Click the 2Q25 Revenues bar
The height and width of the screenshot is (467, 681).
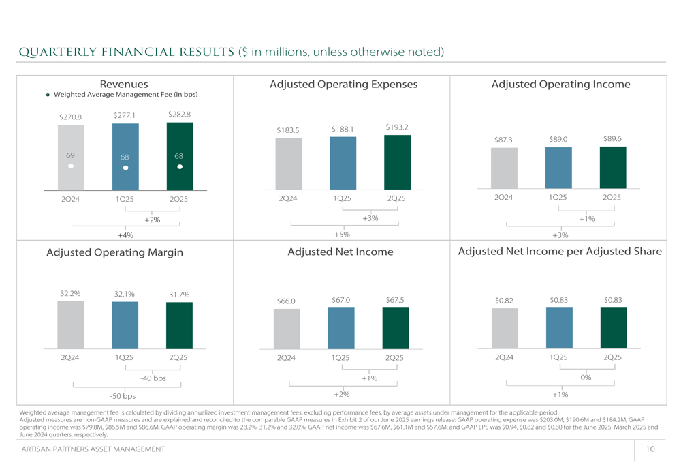point(179,156)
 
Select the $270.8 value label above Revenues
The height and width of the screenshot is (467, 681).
point(70,117)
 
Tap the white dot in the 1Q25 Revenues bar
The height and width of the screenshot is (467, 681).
point(125,168)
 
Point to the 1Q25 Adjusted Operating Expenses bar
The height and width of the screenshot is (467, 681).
point(343,163)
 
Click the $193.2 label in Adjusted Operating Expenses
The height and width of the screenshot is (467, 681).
point(396,127)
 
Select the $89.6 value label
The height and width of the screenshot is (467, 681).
point(612,138)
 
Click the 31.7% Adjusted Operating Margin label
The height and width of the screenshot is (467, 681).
point(178,295)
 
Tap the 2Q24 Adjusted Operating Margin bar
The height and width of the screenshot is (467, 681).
point(71,325)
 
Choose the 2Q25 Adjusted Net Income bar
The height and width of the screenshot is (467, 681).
point(395,329)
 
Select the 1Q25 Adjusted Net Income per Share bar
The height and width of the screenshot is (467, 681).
point(558,329)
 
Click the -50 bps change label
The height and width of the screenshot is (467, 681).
point(123,396)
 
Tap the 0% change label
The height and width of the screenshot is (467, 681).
point(586,378)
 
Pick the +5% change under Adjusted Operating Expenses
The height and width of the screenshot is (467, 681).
point(342,235)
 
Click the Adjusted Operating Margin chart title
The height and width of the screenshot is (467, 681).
point(114,252)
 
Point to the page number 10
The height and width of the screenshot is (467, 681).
point(651,449)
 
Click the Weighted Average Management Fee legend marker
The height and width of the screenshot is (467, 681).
point(48,95)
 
